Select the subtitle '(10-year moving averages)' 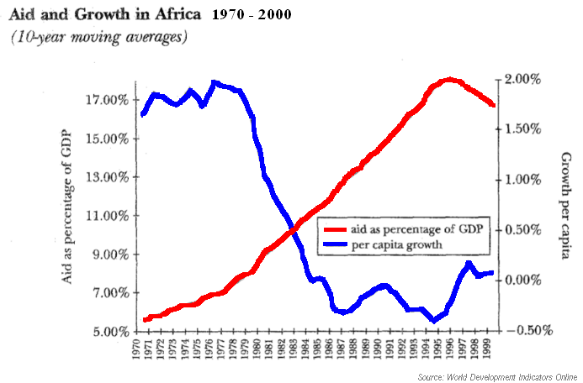click(98, 37)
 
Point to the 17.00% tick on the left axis click(109, 100)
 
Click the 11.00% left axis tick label click(109, 216)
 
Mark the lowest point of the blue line click(434, 320)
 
